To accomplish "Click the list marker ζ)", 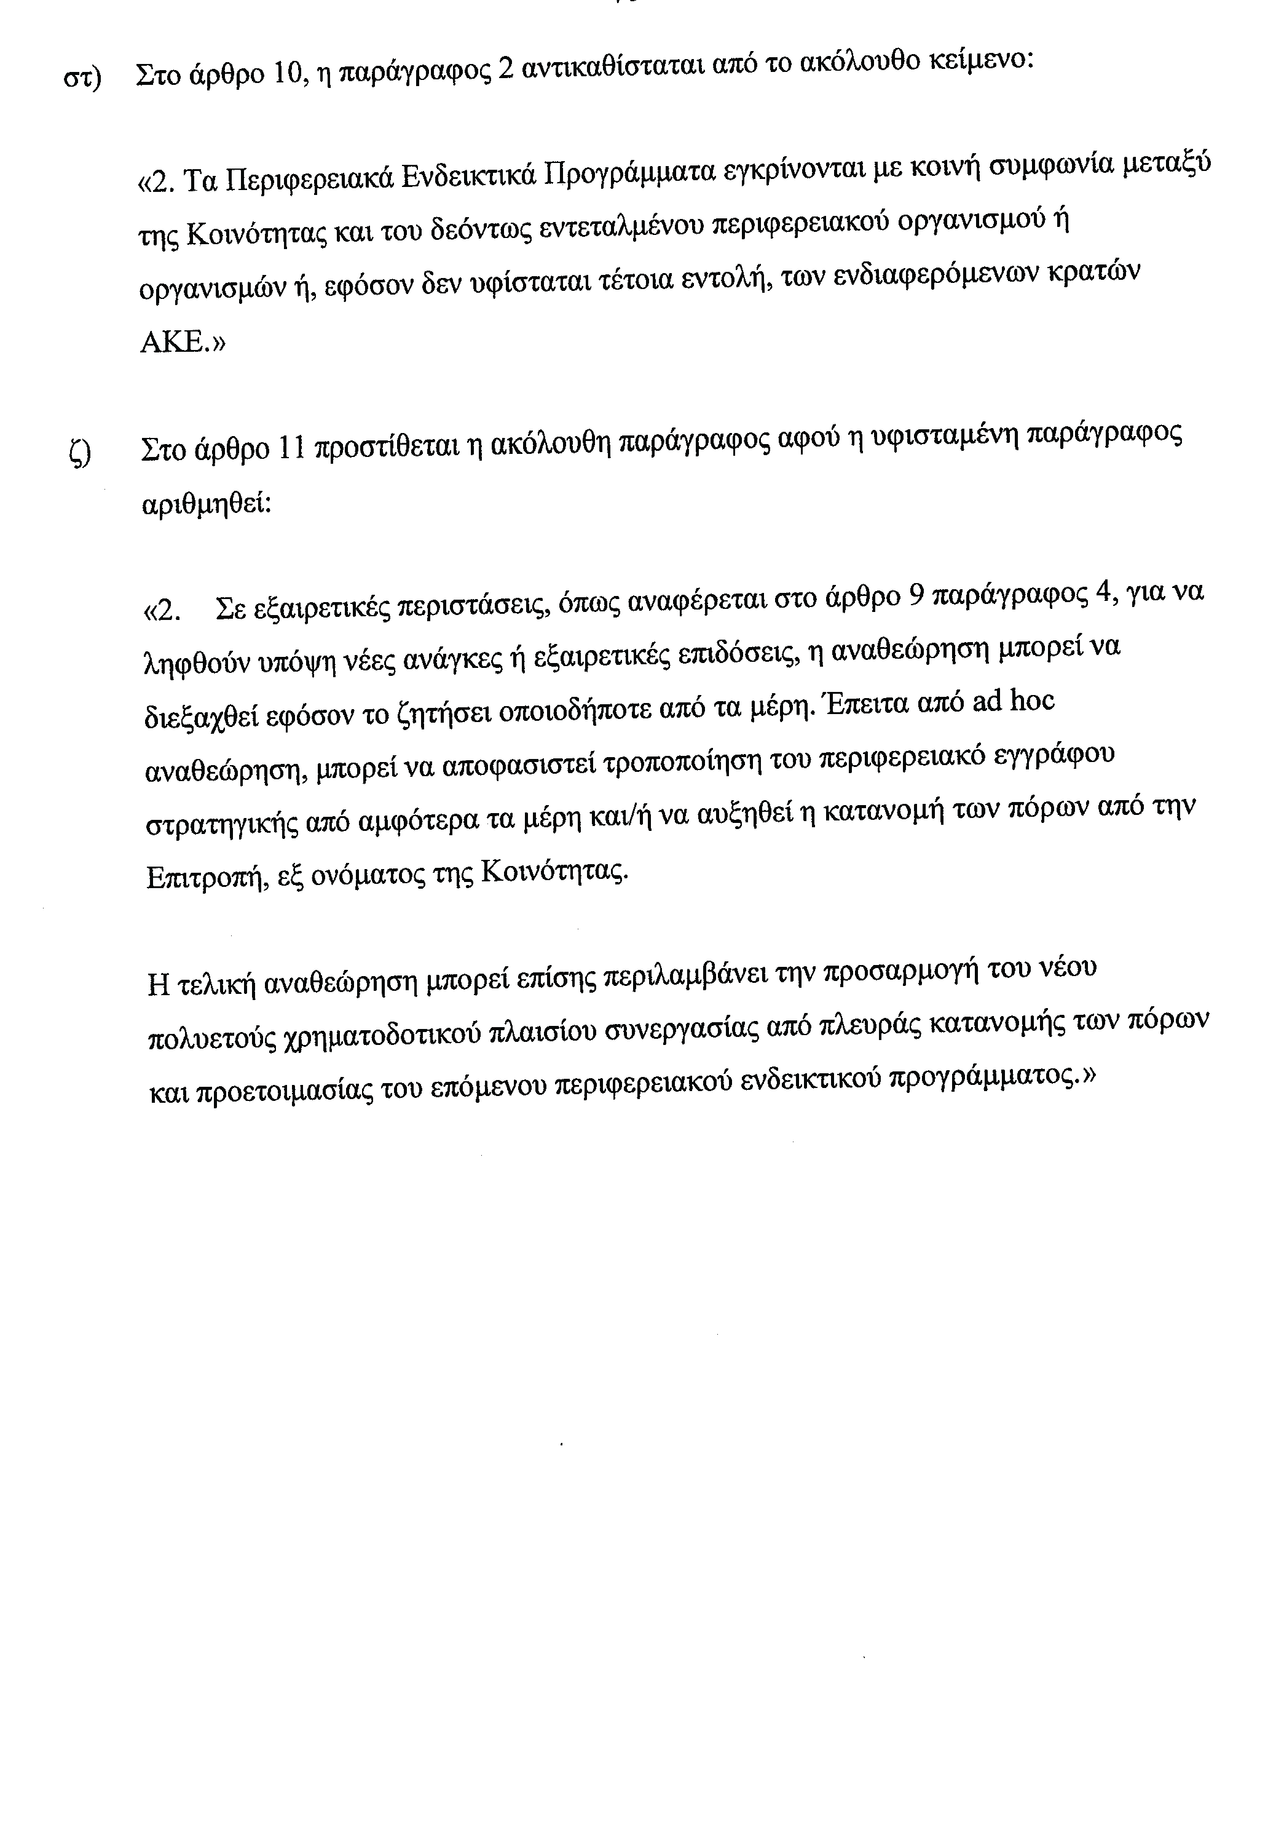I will [x=80, y=453].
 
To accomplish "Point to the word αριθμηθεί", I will [x=205, y=505].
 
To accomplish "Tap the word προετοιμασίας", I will [x=286, y=1090].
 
